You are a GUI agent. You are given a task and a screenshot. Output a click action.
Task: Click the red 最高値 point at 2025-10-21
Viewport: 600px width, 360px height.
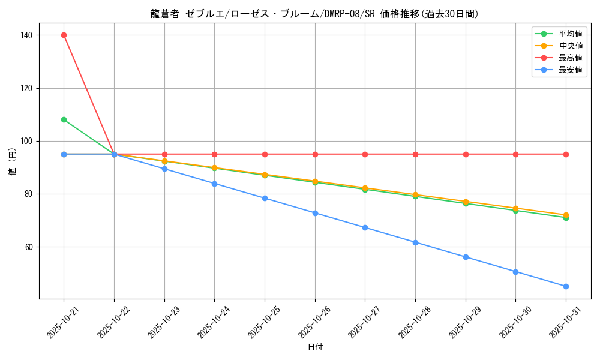click(x=64, y=35)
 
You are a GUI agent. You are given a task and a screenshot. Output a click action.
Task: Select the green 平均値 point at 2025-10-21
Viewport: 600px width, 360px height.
click(x=64, y=119)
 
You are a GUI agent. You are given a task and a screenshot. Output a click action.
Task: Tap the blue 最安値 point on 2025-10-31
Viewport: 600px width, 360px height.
click(x=566, y=286)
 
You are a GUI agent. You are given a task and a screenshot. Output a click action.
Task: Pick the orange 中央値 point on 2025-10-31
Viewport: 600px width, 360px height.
click(x=566, y=215)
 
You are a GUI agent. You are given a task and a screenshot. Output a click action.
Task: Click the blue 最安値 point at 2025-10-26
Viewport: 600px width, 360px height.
click(x=315, y=213)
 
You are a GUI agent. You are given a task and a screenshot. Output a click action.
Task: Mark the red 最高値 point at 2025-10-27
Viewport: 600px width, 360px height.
click(x=365, y=154)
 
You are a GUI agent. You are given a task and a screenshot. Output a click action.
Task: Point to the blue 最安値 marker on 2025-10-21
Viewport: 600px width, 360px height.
click(x=64, y=154)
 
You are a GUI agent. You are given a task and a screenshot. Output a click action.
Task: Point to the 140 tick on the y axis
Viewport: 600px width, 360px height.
click(x=26, y=35)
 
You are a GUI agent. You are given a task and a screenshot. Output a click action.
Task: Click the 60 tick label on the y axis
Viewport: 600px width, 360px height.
click(x=28, y=247)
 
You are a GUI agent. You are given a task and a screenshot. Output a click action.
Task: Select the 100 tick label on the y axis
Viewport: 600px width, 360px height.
click(x=26, y=142)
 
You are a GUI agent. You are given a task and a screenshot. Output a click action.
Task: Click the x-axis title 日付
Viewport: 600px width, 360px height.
click(x=315, y=347)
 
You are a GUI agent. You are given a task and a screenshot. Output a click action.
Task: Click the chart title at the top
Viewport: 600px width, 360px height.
click(x=315, y=14)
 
